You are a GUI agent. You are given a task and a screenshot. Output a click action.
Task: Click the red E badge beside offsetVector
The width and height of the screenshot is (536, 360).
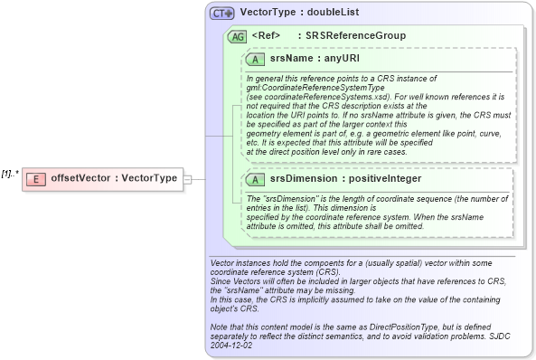(x=35, y=178)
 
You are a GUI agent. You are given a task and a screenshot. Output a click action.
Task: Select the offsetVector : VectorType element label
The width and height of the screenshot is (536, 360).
(x=114, y=178)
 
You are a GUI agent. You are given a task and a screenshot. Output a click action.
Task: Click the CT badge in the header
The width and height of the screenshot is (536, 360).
(x=221, y=14)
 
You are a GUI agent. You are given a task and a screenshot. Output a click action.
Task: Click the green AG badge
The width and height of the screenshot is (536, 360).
(x=238, y=36)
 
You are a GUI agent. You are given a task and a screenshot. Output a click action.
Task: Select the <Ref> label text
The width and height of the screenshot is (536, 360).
(x=266, y=36)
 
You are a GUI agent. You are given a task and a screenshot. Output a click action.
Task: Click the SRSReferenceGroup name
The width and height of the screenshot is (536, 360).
(x=355, y=36)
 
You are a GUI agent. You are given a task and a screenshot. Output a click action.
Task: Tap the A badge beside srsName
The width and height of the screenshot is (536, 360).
(x=256, y=58)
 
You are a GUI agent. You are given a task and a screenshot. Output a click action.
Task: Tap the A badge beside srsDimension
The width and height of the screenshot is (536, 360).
(x=256, y=178)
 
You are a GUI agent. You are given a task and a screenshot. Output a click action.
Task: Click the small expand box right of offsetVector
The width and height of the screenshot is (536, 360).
(x=187, y=179)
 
